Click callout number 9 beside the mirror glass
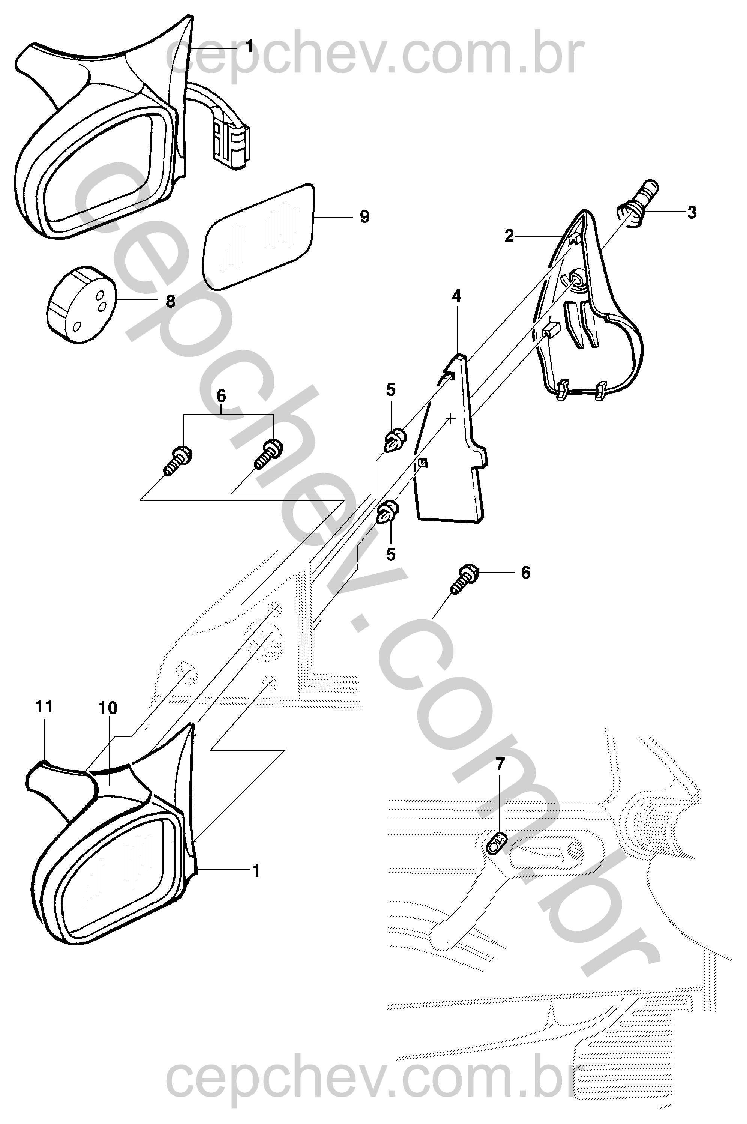[x=364, y=217]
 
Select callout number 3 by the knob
[x=692, y=212]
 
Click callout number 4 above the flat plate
[x=456, y=296]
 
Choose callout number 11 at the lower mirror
[x=44, y=706]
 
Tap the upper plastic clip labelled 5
[x=394, y=440]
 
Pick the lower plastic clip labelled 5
[x=388, y=511]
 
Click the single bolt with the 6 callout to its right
[x=462, y=578]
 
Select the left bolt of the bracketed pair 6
[x=178, y=459]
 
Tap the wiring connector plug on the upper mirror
[x=231, y=141]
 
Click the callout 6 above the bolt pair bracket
[x=222, y=396]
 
